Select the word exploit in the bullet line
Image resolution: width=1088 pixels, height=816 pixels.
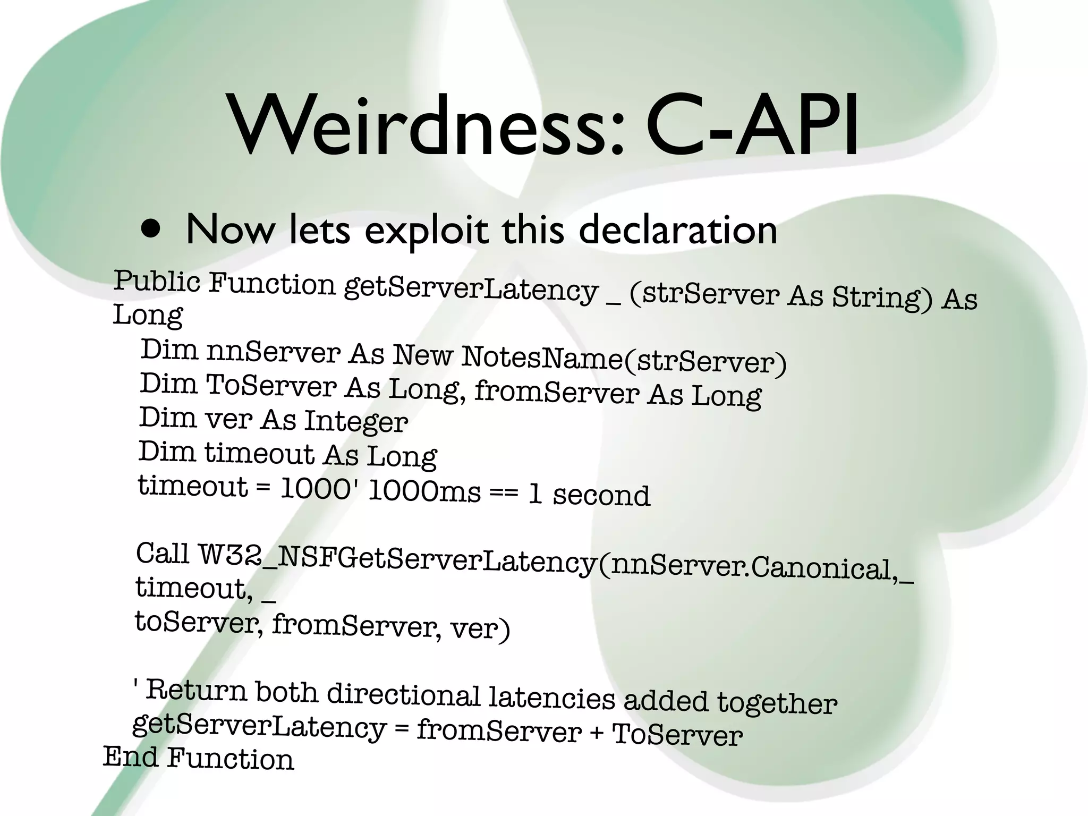tap(426, 231)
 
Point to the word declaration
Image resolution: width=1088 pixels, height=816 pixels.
tap(677, 231)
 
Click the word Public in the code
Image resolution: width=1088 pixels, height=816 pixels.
tap(157, 282)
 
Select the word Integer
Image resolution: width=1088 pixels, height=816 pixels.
tap(356, 422)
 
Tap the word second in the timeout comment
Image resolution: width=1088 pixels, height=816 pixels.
tap(601, 495)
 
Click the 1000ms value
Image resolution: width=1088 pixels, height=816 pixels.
tap(424, 491)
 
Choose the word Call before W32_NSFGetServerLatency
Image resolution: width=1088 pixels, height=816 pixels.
tap(163, 554)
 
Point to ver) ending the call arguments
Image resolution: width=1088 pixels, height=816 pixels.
tap(480, 629)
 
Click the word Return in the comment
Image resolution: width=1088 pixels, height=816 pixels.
tap(197, 691)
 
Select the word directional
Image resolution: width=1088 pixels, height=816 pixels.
tap(403, 695)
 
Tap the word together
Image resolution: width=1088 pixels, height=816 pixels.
tap(777, 703)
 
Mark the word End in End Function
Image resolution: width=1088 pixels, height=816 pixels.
tap(131, 756)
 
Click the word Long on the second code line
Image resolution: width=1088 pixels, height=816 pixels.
tap(147, 316)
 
